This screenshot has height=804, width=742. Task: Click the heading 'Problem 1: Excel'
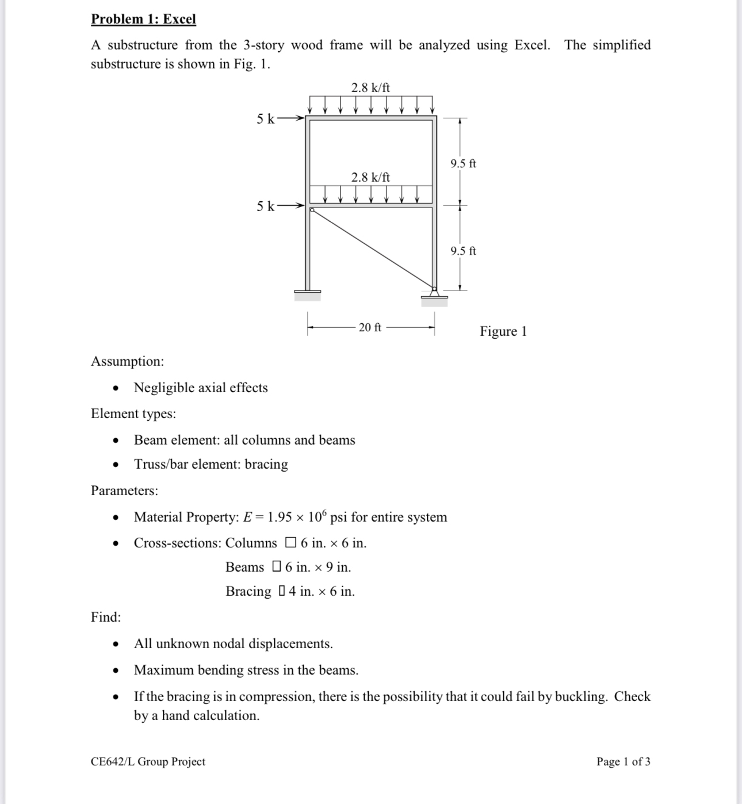coord(143,19)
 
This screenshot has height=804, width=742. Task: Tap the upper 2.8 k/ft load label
coord(370,87)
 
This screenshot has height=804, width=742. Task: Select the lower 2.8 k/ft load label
coord(370,177)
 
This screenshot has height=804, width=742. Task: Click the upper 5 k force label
coord(265,118)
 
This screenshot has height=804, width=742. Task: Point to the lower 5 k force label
coord(265,206)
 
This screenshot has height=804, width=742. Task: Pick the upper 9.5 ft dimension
coord(463,163)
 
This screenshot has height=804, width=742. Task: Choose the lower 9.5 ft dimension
coord(463,251)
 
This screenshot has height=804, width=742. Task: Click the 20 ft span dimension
coord(370,327)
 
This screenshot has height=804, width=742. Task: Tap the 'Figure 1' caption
coord(503,331)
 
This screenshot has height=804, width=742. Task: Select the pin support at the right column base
coord(434,294)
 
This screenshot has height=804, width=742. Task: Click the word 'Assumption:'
coord(127,361)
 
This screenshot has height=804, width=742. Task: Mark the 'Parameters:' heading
coord(124,491)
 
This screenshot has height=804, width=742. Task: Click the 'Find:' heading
coord(106,617)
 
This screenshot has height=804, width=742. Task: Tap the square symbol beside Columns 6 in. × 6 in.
coord(290,542)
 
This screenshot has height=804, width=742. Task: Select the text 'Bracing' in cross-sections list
coord(248,591)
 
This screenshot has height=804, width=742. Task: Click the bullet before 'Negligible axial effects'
coord(116,388)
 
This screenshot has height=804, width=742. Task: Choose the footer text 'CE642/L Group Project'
coord(148,761)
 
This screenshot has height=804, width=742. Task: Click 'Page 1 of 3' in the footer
coord(623,761)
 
